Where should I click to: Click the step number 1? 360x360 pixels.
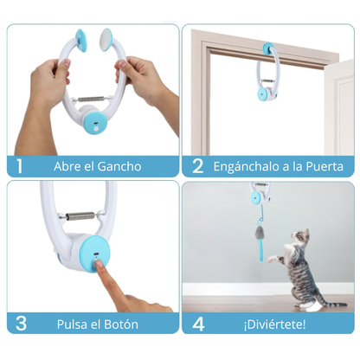coord(19,166)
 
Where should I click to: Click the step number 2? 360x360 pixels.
coord(197,166)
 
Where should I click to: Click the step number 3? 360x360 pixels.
coord(19,322)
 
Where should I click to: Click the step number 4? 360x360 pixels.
coord(197,322)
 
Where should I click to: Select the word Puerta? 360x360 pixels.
coord(321,166)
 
